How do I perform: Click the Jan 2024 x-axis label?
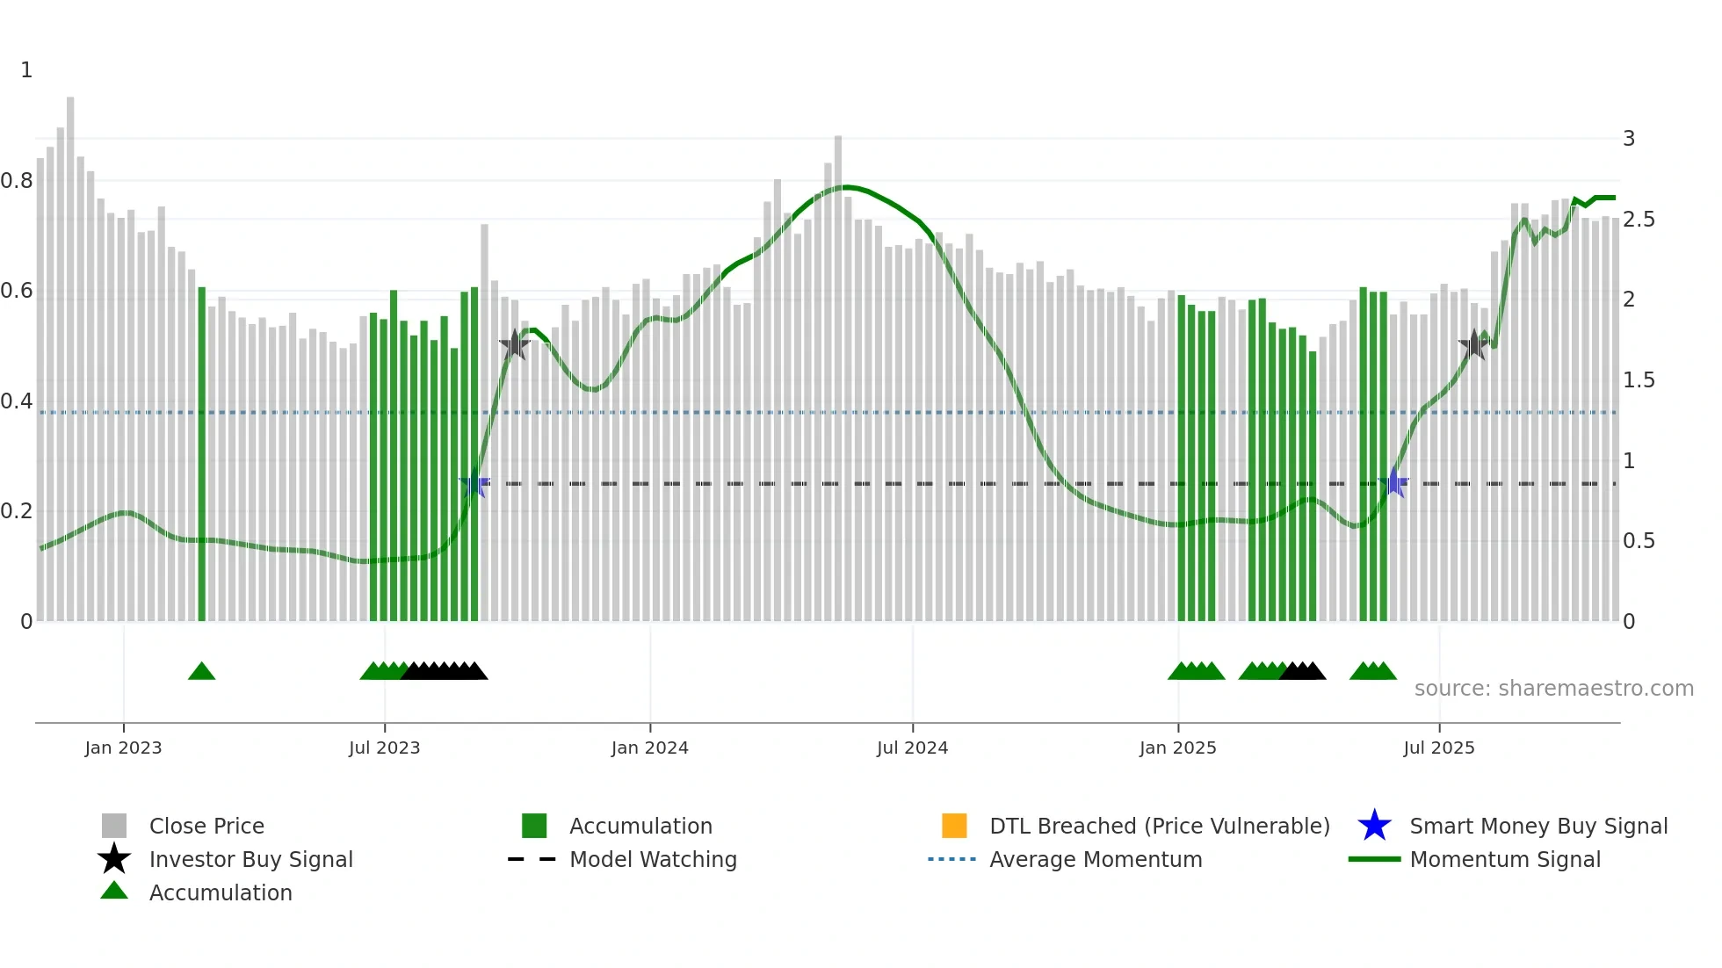pos(649,748)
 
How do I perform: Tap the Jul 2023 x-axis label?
pos(384,748)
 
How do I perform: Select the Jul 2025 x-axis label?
pos(1438,748)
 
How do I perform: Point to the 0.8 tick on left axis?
pos(17,181)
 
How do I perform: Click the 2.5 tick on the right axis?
pos(1639,220)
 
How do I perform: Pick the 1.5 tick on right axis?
pos(1639,380)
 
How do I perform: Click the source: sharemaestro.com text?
pos(1553,688)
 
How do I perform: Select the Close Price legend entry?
pos(206,826)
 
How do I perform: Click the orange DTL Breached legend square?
pos(954,826)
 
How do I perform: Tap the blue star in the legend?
pos(1374,826)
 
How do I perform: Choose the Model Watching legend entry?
pos(653,859)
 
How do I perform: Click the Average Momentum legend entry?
pos(1096,859)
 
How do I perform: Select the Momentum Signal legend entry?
pos(1505,859)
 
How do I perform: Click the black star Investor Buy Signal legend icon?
pos(114,859)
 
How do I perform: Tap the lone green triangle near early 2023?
pos(201,672)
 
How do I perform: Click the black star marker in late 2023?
pos(515,344)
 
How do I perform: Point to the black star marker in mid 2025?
pos(1473,344)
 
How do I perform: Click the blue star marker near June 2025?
pos(1394,482)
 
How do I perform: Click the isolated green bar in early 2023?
pos(201,457)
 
